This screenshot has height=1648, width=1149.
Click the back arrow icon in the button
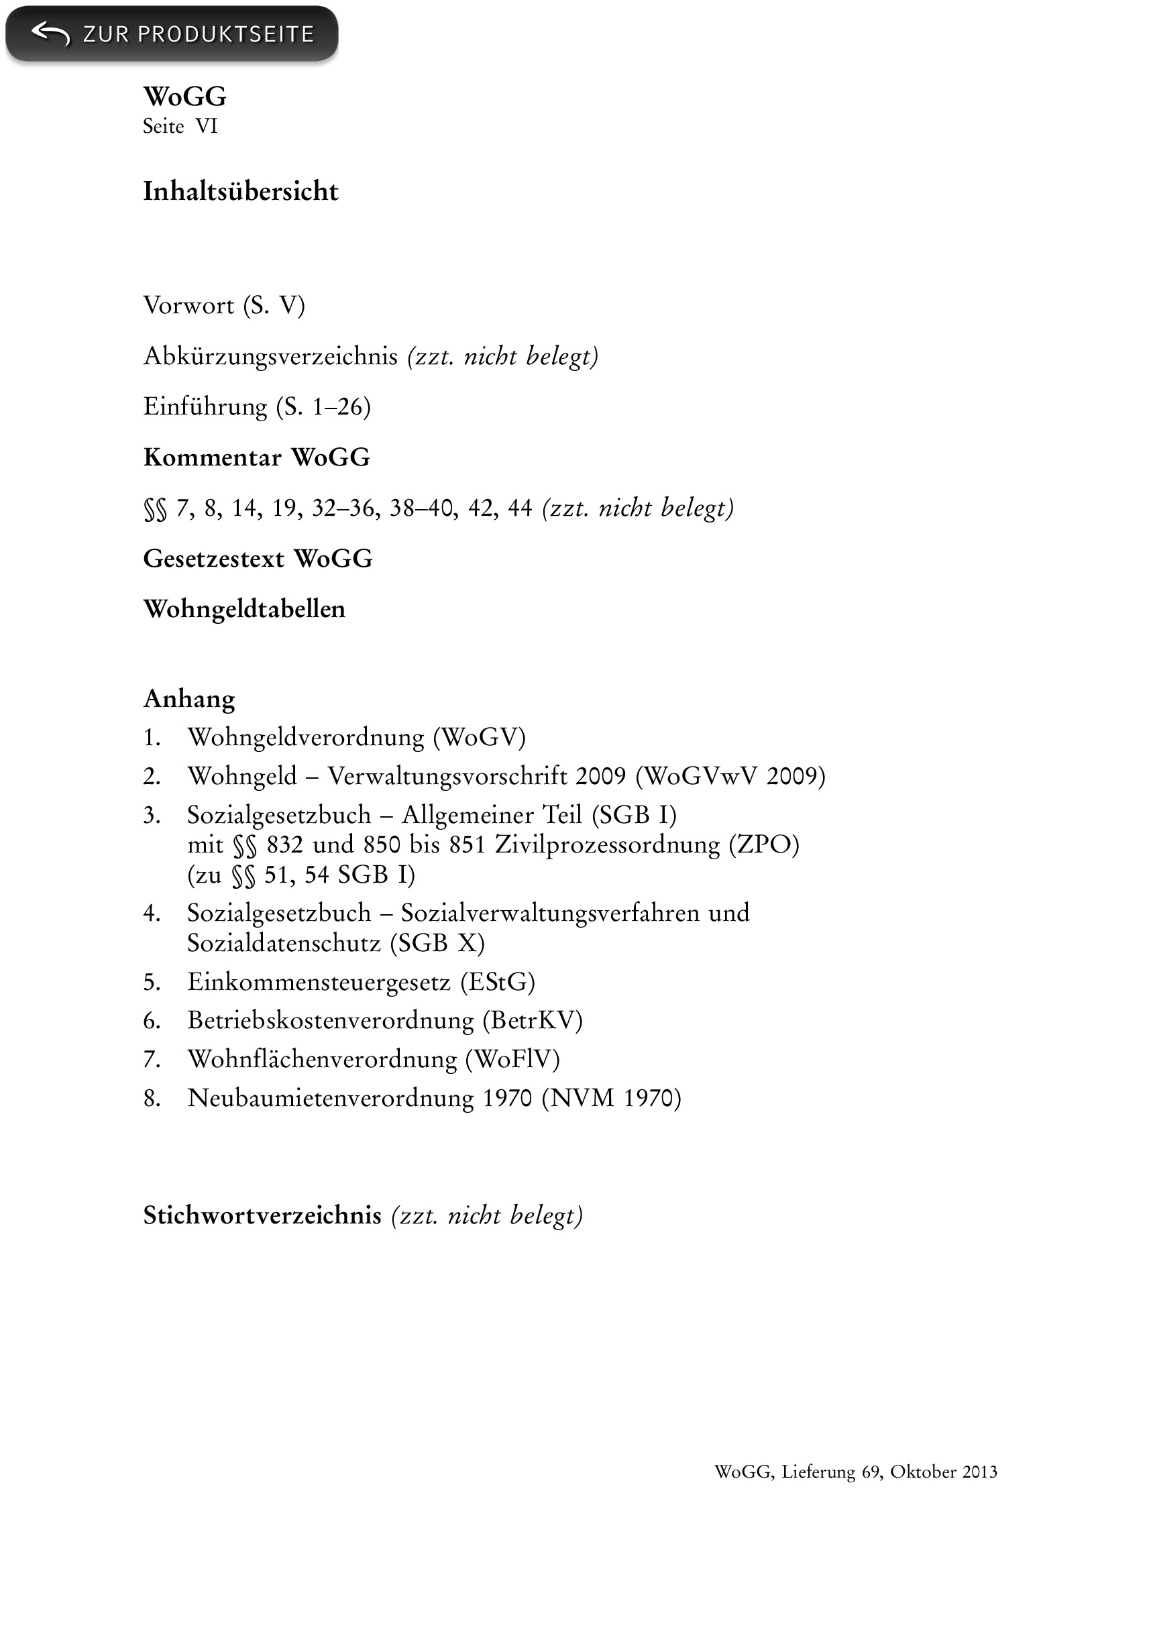50,33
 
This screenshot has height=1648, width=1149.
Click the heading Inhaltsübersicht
240,192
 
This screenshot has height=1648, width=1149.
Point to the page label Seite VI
179,126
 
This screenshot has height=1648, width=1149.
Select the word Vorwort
188,306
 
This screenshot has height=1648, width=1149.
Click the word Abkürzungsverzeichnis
270,356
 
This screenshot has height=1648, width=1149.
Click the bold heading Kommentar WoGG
256,457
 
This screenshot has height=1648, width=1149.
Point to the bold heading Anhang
188,698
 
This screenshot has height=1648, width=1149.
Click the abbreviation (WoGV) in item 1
480,737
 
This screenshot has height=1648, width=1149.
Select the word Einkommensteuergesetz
319,982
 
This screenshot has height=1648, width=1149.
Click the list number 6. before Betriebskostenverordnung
152,1021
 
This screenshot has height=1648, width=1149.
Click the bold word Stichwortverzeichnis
262,1215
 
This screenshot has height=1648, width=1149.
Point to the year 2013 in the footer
979,1472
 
